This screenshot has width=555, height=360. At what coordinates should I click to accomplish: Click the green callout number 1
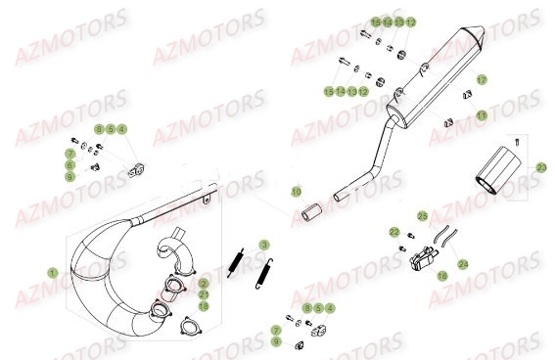[x=53, y=271]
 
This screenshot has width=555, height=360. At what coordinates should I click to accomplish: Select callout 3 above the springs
[x=263, y=244]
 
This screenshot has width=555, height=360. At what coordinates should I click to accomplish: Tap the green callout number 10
[x=298, y=192]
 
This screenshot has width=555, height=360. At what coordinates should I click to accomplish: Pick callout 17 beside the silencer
[x=481, y=78]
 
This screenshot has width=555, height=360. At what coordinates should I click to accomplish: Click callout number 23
[x=541, y=168]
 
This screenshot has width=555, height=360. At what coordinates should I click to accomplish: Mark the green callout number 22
[x=393, y=232]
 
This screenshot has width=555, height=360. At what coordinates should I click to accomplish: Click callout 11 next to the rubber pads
[x=481, y=115]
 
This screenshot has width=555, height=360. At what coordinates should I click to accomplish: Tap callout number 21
[x=204, y=293]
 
